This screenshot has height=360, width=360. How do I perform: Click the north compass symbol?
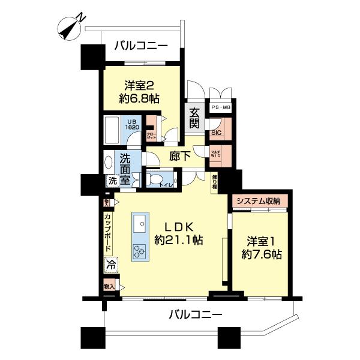point(71,28)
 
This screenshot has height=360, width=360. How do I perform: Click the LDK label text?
point(178,227)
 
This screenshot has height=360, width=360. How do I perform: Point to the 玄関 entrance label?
point(195,118)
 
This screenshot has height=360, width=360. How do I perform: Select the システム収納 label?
point(258,201)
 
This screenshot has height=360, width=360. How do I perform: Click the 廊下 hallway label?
point(180,155)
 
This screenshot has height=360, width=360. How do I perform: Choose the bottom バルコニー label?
point(195,314)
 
